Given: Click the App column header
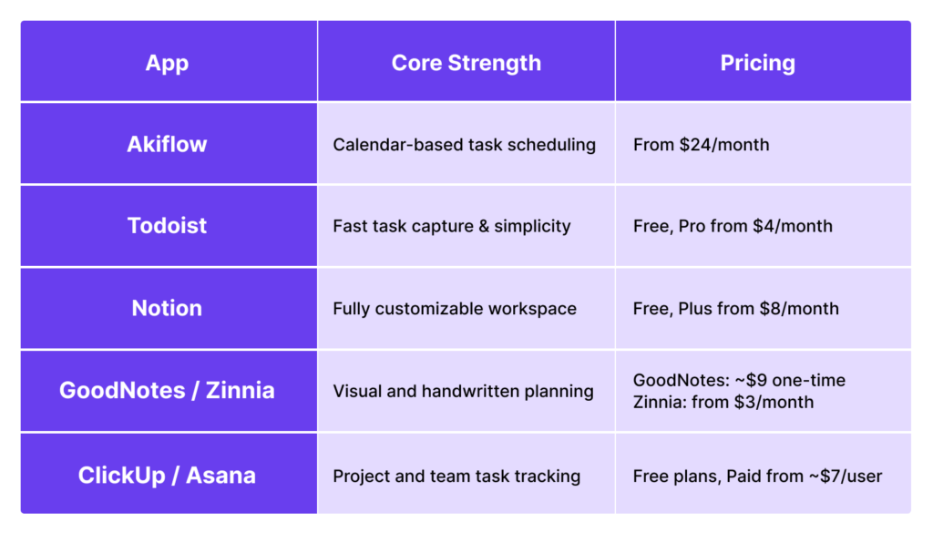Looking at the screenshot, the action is [168, 63].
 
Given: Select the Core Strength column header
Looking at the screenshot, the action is [466, 63].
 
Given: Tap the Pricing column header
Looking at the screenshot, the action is [757, 63].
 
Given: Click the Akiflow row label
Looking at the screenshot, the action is [168, 144].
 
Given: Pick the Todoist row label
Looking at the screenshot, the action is [168, 225].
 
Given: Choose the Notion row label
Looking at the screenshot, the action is [168, 308].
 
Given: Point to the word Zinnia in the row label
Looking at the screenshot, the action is [241, 390].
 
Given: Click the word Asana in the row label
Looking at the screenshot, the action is [220, 476].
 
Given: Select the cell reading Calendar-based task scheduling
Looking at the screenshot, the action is [464, 145].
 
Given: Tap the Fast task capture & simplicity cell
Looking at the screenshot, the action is [452, 226].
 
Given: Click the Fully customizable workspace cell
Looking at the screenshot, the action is [455, 309].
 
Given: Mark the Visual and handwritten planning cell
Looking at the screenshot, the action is [463, 391].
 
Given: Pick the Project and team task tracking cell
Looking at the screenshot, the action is [456, 476].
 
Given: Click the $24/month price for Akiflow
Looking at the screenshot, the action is [724, 145].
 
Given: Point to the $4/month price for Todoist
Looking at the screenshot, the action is [793, 226].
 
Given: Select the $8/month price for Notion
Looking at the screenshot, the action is [799, 309].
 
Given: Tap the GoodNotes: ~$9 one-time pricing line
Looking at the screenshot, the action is [739, 380].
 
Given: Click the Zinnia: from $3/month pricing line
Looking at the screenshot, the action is [723, 402].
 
